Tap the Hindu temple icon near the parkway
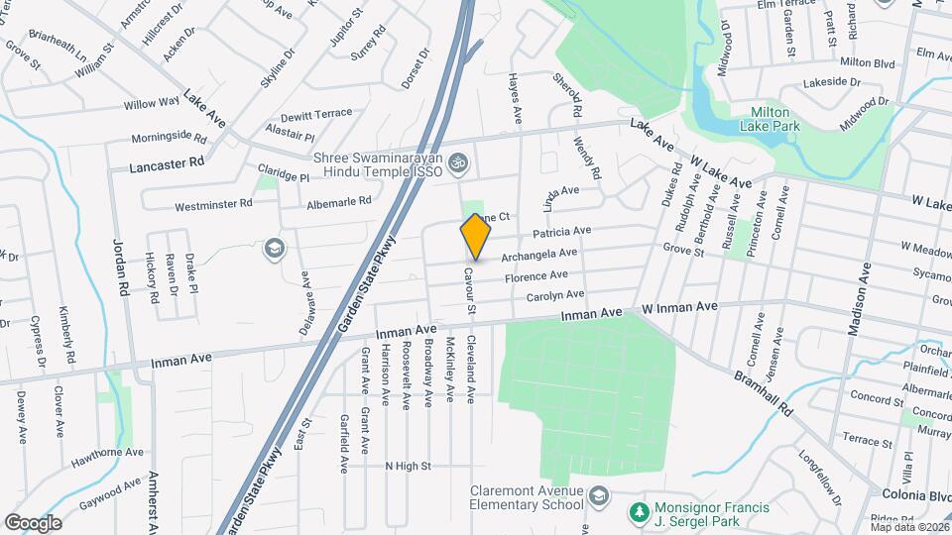459,160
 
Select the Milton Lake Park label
770,119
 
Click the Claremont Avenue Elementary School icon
599,494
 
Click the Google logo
33,523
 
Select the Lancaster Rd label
167,165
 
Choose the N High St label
408,465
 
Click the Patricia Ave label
561,232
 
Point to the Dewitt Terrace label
315,114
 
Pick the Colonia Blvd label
916,495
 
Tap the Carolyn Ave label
554,295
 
